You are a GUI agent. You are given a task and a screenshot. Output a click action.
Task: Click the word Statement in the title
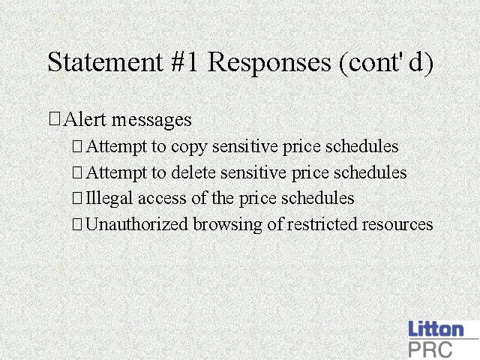coord(105,62)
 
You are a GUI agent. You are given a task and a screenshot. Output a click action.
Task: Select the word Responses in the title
coord(269,64)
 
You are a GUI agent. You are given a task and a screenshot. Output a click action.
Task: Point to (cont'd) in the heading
coord(386,64)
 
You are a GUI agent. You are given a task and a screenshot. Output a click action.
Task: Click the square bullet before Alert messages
coord(55,118)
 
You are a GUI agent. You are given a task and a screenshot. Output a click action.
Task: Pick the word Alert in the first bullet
coord(85,119)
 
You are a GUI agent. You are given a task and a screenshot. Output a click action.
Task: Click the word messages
coord(151,121)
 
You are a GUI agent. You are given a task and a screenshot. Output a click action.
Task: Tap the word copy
coord(189,148)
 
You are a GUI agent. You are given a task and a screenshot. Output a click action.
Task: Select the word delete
coord(193,172)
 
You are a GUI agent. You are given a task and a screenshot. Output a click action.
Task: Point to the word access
coord(162,199)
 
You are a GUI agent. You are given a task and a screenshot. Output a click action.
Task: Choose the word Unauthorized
coord(136,224)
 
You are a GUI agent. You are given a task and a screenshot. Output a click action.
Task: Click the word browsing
coord(227,225)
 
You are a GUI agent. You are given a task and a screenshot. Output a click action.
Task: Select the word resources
coord(397,225)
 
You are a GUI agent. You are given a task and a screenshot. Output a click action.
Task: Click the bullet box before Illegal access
coord(77,198)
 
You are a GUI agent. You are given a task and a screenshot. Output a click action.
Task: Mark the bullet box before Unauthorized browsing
coord(77,224)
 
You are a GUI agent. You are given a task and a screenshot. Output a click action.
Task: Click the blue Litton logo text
coord(436,329)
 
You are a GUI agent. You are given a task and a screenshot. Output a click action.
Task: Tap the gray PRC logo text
coord(430,349)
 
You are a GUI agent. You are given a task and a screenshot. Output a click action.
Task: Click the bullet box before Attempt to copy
coord(77,146)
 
